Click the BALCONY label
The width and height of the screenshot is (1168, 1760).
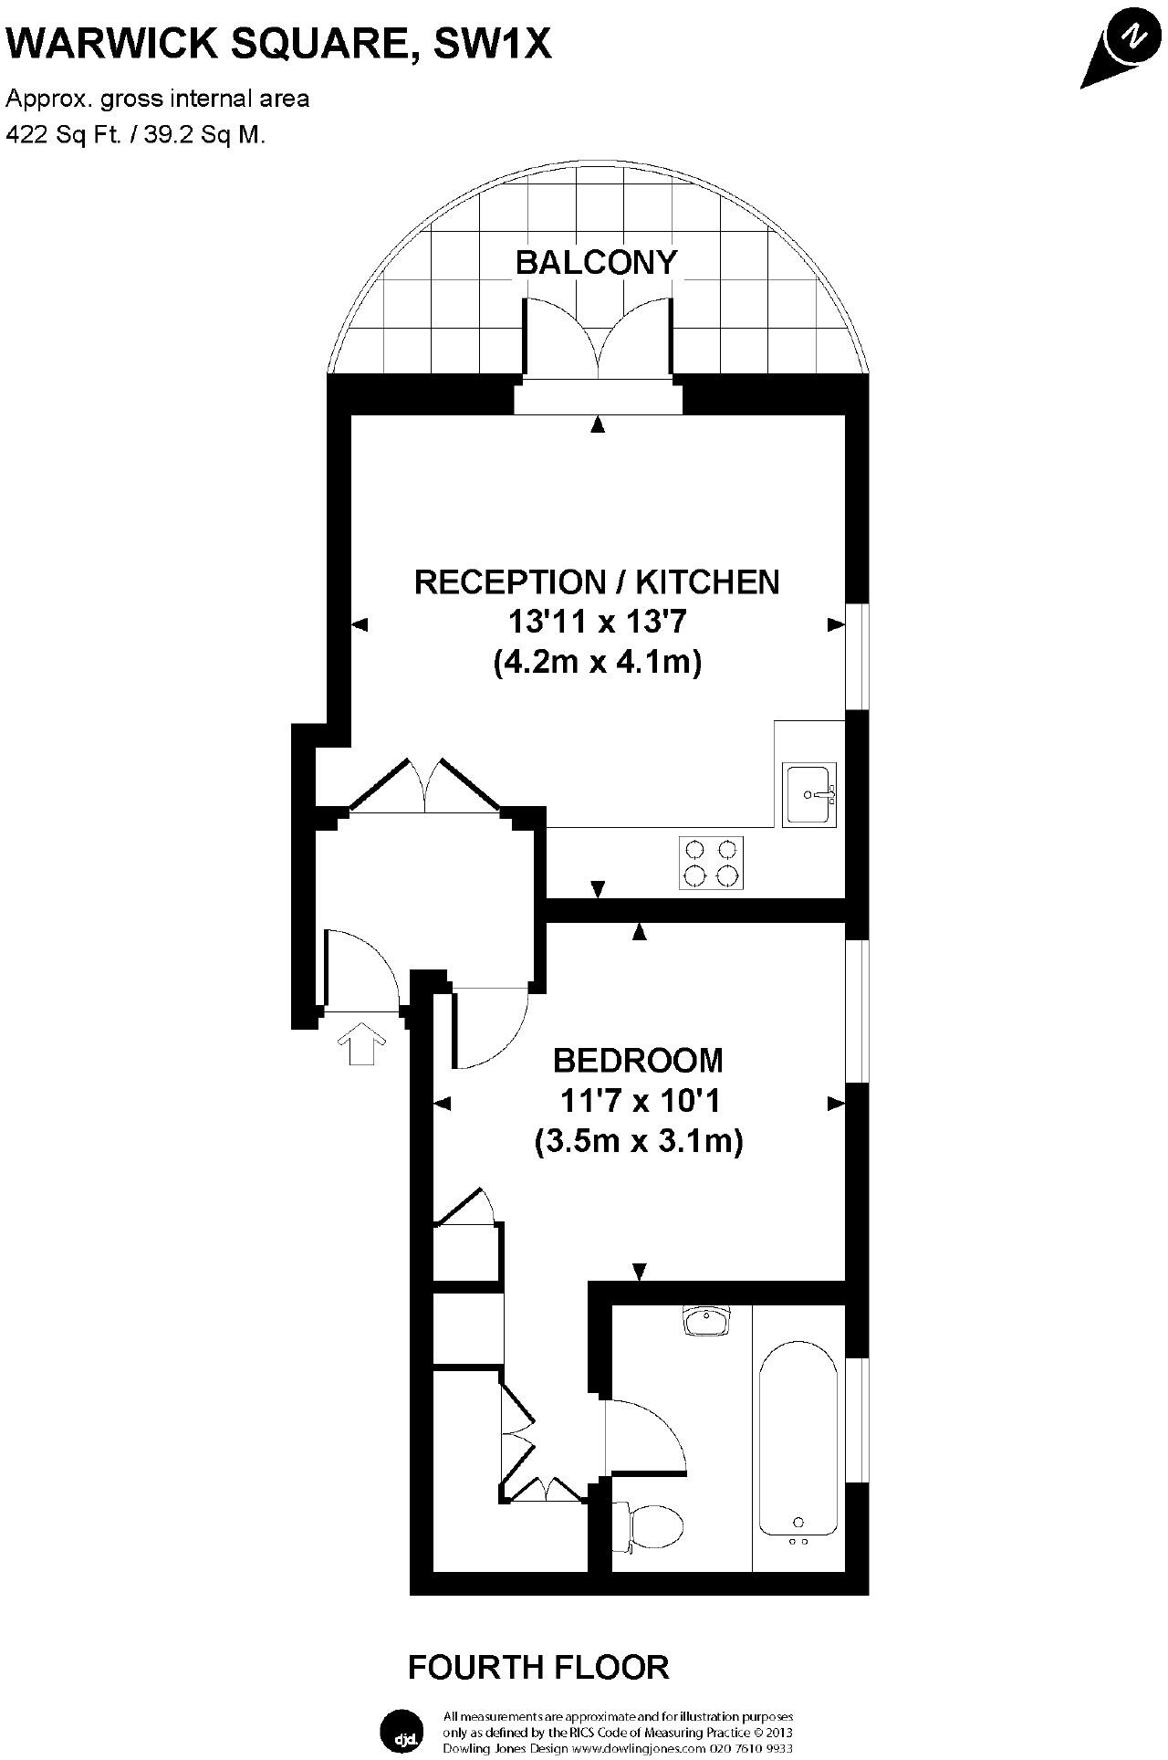[597, 263]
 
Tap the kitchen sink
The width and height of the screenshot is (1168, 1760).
[809, 794]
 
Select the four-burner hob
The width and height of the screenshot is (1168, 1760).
[711, 863]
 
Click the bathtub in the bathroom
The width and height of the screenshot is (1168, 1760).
[798, 1448]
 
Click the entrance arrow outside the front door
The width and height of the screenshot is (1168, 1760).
[362, 1043]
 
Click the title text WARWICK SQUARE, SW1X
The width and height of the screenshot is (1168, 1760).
[279, 43]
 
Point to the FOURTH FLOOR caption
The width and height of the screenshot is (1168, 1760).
[538, 1667]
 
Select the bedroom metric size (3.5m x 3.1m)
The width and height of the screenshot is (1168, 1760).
[639, 1141]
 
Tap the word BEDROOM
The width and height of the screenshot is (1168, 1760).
[639, 1060]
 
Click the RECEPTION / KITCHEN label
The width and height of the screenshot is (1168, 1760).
[597, 581]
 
